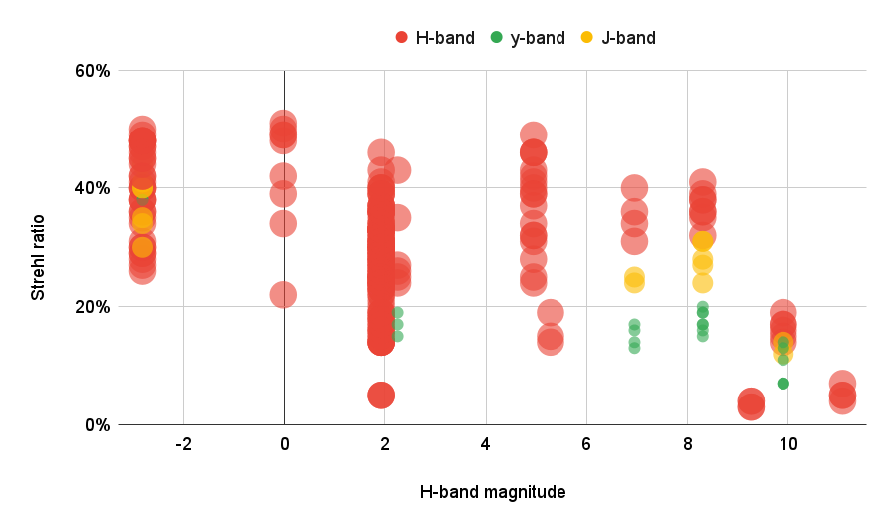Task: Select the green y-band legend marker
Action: coord(495,38)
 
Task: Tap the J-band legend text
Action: coord(628,38)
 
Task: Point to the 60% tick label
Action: coord(91,71)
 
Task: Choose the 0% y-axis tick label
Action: coord(96,424)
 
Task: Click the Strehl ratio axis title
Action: coord(38,249)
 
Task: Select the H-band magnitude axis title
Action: coord(492,491)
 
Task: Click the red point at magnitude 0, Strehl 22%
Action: coord(283,294)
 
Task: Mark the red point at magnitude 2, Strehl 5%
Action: coord(381,395)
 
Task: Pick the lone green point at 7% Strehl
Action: coord(783,384)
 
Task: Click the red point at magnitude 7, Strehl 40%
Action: coord(634,187)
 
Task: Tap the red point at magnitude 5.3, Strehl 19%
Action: coord(550,312)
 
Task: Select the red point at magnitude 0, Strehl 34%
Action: coord(283,223)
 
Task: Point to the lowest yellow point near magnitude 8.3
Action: coord(703,283)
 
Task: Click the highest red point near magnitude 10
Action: coord(783,312)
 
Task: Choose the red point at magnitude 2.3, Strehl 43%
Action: coord(397,170)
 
